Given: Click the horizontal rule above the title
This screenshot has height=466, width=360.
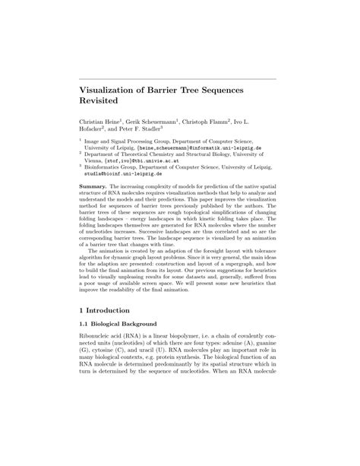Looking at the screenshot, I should coord(179,78).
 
